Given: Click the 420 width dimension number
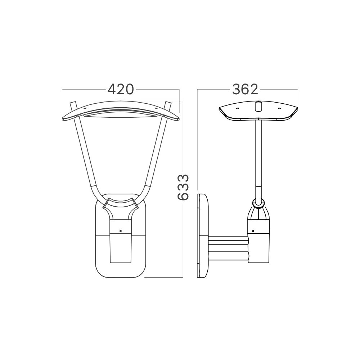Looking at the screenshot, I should tap(121, 89).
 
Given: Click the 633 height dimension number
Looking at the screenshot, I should tap(183, 187).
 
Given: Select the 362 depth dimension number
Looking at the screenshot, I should tap(245, 89).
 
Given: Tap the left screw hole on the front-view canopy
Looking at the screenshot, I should tap(85, 107).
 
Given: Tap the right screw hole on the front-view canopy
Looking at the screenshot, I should tap(156, 107).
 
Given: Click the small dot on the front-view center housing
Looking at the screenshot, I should tap(121, 231).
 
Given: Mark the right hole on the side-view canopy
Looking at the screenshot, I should tap(278, 108).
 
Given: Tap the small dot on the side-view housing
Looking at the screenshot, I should tap(253, 231).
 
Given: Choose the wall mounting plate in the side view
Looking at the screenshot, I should tap(203, 236).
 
